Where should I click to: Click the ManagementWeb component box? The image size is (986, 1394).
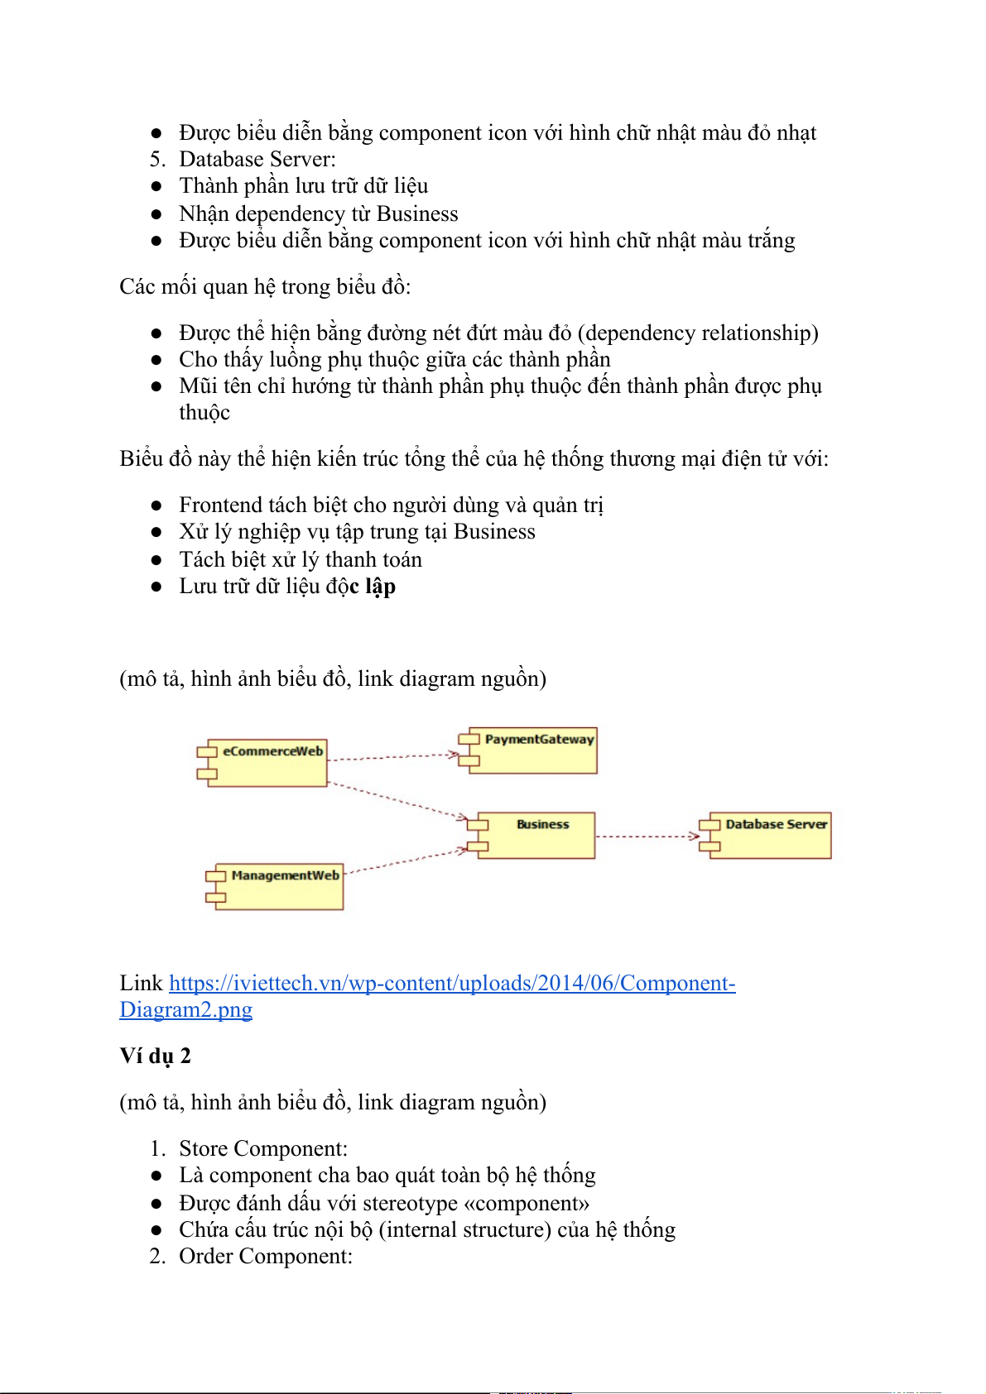click(x=278, y=886)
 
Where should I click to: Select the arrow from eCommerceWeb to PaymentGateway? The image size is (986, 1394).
click(x=393, y=756)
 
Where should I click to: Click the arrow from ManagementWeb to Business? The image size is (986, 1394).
click(x=405, y=861)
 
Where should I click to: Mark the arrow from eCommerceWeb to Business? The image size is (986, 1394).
click(x=397, y=800)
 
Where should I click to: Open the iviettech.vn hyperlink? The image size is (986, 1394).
click(x=452, y=984)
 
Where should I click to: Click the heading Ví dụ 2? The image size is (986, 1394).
click(x=156, y=1056)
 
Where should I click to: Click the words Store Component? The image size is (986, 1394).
click(x=262, y=1149)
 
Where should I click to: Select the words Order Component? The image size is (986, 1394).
click(x=265, y=1257)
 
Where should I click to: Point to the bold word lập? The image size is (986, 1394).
click(x=380, y=587)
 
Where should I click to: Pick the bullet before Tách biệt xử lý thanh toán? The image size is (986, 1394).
click(x=156, y=560)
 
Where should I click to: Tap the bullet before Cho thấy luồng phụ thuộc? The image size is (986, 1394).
click(x=156, y=360)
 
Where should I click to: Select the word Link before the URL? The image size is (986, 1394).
click(x=141, y=984)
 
